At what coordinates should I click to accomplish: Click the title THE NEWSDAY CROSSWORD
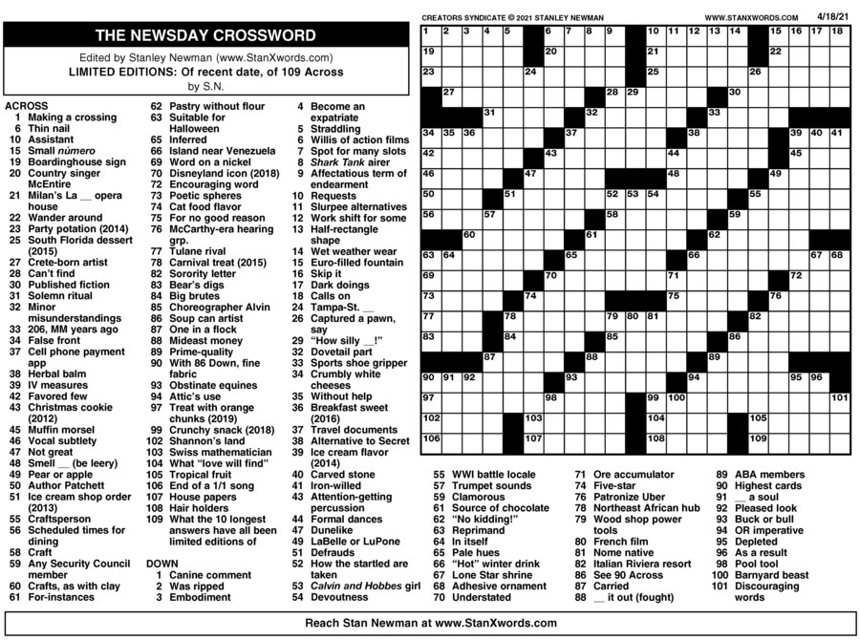tap(205, 36)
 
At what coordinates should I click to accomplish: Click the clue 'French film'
tap(620, 542)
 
